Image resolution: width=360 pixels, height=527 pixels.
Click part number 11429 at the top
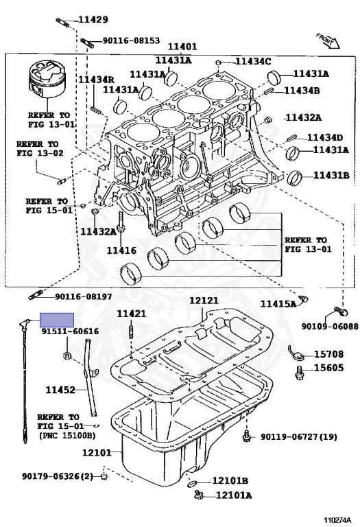point(93,20)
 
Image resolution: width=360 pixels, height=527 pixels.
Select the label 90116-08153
point(131,40)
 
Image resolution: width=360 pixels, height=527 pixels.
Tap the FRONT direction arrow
point(328,40)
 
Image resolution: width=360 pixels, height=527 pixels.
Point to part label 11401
point(182,47)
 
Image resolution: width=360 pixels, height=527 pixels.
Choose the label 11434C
point(253,61)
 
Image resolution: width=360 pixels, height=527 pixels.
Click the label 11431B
point(331,175)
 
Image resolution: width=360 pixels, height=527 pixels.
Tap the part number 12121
point(204,300)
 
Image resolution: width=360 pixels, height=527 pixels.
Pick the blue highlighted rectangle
point(57,320)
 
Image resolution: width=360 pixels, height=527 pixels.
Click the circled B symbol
point(67,355)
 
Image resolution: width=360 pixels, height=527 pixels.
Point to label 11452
point(60,390)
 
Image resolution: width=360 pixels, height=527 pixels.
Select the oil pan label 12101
point(97,453)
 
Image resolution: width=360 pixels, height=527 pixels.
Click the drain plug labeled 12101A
point(198,494)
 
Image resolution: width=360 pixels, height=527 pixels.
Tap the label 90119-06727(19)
point(299,436)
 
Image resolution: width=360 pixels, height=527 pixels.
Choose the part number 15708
point(328,354)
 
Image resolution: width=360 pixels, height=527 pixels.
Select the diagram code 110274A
point(337,520)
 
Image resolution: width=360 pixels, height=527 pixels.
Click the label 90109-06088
point(329,327)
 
